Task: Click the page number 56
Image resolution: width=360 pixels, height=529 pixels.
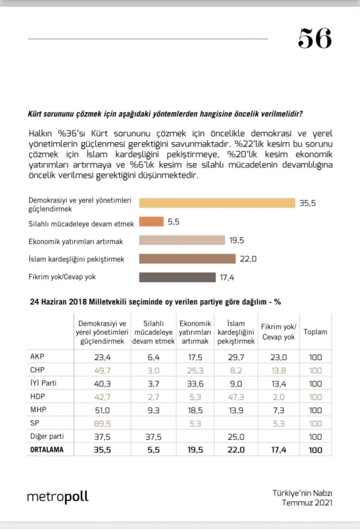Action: point(315,38)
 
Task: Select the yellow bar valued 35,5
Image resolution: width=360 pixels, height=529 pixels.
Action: point(217,203)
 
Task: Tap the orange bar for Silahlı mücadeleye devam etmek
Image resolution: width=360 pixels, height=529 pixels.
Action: point(151,222)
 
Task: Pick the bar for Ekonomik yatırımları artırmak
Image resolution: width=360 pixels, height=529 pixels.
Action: point(182,240)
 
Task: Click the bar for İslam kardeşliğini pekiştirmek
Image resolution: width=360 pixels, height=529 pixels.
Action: point(187,259)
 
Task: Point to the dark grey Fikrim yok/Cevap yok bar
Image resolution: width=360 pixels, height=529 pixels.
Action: point(178,277)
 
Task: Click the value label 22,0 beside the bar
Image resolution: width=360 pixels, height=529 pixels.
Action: point(248,259)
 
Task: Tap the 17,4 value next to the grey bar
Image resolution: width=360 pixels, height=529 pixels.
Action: point(227,277)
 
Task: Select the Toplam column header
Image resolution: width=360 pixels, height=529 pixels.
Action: point(315,332)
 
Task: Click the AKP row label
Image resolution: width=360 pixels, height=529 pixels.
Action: point(37,356)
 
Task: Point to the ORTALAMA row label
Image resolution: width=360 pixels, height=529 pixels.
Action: point(47,449)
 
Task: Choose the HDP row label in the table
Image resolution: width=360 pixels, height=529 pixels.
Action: point(37,396)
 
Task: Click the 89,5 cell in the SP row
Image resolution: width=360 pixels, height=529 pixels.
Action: point(102,424)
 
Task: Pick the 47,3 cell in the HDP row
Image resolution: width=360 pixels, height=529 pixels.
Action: point(236,397)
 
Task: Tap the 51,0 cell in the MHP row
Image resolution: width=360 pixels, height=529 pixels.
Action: point(102,411)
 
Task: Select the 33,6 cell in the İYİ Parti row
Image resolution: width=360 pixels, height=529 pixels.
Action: point(195,384)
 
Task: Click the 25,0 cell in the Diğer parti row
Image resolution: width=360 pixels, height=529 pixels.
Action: point(236,437)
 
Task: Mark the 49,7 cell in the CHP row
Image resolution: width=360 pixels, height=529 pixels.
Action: point(102,371)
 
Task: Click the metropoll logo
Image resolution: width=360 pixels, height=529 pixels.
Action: point(58,497)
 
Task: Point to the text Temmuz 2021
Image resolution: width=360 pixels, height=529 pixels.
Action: point(307,503)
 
